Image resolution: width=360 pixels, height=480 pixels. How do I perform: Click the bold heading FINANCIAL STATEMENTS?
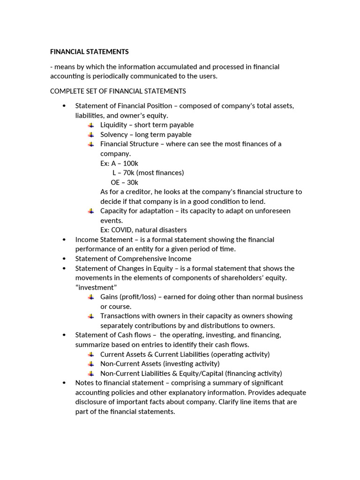point(89,52)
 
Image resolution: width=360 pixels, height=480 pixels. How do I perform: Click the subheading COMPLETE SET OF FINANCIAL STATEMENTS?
point(118,91)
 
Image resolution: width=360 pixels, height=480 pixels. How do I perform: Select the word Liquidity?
point(113,125)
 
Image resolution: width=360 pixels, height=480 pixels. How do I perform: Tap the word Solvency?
point(113,135)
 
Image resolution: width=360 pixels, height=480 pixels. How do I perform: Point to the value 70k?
point(127,172)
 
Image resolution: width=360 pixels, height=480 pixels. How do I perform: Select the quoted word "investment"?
point(96,287)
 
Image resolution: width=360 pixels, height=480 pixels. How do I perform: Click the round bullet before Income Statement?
point(64,240)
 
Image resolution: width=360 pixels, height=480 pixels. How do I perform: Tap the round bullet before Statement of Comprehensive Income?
point(64,259)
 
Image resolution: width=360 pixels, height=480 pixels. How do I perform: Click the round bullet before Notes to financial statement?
point(64,383)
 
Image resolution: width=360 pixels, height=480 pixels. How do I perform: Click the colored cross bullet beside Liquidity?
point(90,125)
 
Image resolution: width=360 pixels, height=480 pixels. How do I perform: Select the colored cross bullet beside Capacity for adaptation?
point(90,211)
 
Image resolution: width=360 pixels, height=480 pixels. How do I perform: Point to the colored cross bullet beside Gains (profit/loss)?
point(90,297)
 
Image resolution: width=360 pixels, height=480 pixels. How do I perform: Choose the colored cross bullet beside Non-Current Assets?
point(90,364)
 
